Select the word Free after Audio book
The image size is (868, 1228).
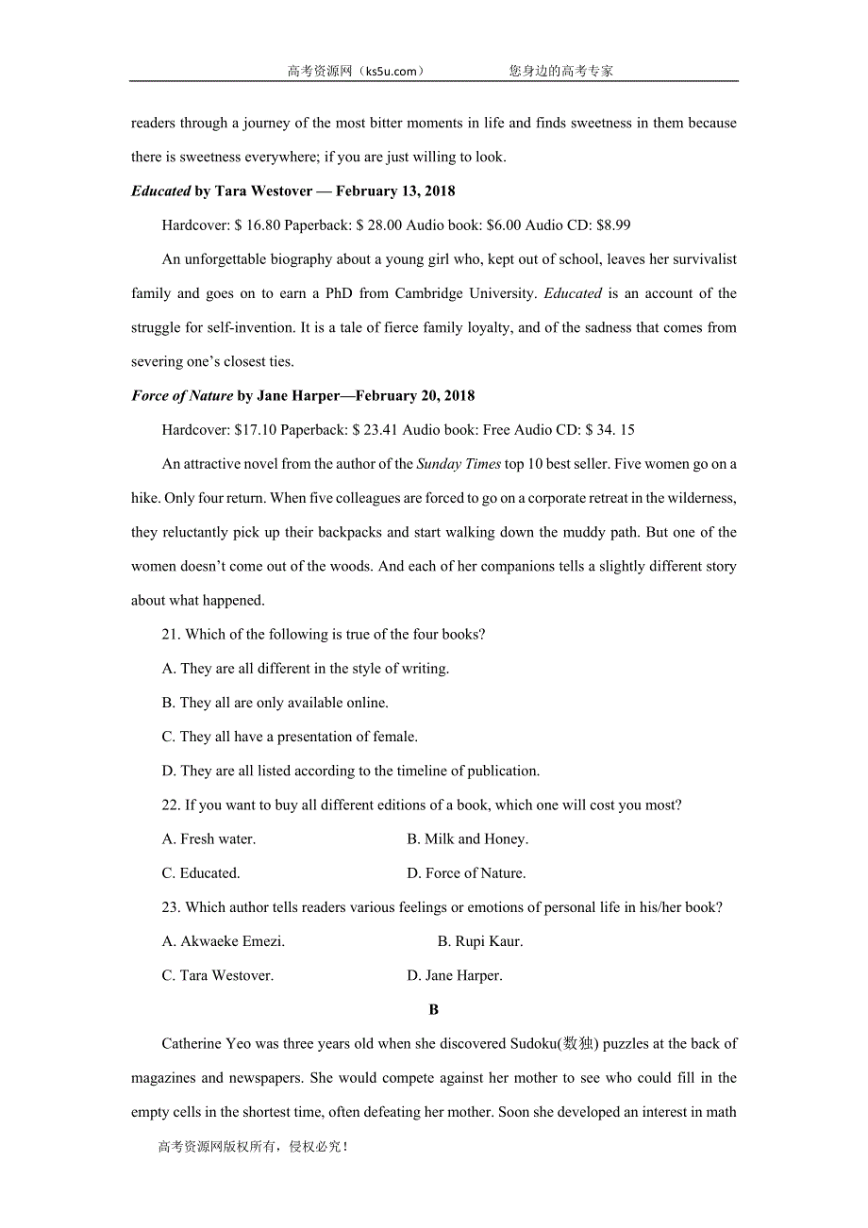[x=497, y=430]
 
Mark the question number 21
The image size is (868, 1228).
[x=171, y=635]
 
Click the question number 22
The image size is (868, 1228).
[x=171, y=805]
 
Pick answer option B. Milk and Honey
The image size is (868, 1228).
[x=467, y=839]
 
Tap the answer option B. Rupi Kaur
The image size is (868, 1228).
[x=480, y=941]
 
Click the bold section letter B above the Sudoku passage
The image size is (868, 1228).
[x=434, y=1010]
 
